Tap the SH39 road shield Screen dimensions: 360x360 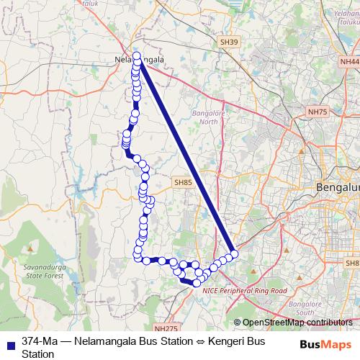228,43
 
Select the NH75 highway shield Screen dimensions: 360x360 317,112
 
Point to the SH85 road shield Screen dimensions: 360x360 183,184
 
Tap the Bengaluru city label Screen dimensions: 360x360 338,189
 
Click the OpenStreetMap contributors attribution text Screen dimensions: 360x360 297,323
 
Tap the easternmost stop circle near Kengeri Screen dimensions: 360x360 234,253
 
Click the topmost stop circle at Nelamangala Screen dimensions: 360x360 136,55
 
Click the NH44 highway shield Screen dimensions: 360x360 349,62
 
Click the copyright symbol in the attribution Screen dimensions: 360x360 238,323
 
